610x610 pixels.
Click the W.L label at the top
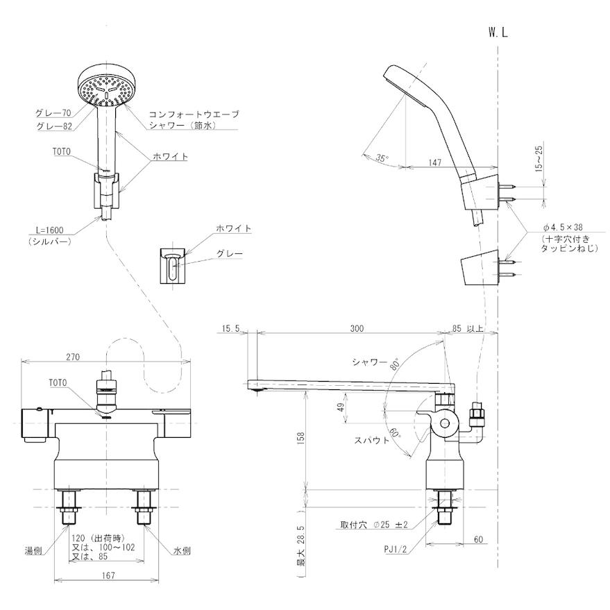coord(498,33)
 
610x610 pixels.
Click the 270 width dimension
coord(73,357)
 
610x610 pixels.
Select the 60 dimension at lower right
coord(479,538)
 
